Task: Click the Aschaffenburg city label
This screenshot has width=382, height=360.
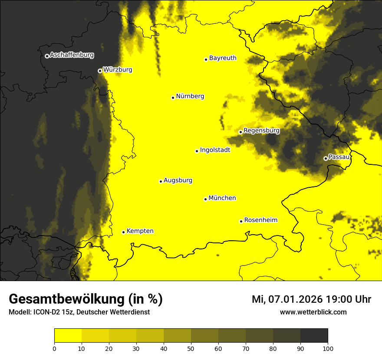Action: click(72, 55)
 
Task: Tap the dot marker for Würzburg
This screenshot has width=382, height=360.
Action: click(100, 71)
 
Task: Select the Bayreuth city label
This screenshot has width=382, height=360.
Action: click(223, 58)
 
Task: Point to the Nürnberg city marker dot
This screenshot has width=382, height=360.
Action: click(173, 98)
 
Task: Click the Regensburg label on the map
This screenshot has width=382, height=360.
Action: click(261, 130)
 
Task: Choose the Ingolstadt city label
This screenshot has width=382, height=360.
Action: click(215, 150)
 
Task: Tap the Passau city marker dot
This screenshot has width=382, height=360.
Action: click(326, 158)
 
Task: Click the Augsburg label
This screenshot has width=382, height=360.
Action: click(178, 180)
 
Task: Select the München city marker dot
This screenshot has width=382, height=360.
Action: click(205, 199)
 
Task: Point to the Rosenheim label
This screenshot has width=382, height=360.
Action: click(260, 220)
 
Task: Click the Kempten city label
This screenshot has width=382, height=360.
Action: click(140, 231)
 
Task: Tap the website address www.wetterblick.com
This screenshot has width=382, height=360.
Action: click(313, 312)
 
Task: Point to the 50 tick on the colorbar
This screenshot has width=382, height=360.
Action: click(191, 348)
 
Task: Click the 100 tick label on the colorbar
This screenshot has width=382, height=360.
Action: click(328, 348)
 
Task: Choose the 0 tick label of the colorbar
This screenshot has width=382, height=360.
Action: click(54, 348)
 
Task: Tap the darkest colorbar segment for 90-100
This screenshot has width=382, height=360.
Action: click(314, 336)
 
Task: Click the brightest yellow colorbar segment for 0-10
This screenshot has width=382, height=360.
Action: click(68, 336)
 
